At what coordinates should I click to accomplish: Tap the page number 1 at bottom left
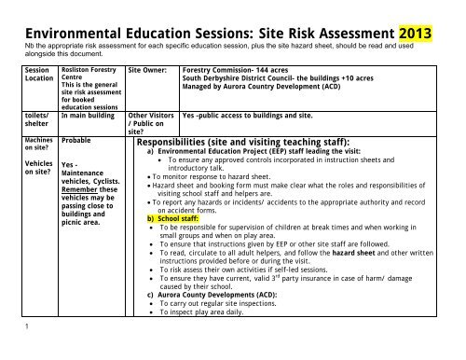tap(7, 353)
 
